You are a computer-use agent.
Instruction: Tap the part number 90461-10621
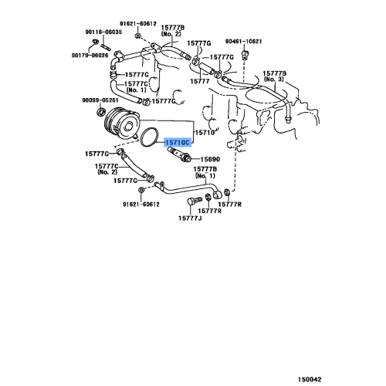245,41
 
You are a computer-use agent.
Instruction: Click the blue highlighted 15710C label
177,143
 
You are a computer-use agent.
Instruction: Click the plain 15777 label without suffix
201,80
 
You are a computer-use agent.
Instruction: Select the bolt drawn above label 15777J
191,205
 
